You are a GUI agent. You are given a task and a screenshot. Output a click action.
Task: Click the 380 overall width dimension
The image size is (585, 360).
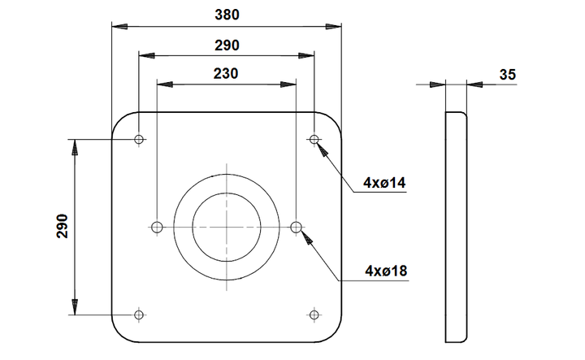[227, 15]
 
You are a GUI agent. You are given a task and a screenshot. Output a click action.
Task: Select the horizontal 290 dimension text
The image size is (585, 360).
[227, 46]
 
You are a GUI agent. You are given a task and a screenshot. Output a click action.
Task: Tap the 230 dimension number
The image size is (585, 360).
[226, 74]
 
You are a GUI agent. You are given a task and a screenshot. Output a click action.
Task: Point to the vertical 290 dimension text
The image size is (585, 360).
[63, 226]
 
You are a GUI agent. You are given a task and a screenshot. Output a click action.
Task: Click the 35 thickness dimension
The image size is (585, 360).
[507, 75]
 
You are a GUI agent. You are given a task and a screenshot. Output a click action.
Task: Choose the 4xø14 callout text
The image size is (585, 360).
[384, 183]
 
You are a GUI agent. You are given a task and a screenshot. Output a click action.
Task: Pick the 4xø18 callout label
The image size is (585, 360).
[386, 271]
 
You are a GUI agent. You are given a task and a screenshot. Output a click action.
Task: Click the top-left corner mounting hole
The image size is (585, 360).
[139, 140]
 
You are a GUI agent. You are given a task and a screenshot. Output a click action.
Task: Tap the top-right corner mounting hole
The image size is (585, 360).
[314, 140]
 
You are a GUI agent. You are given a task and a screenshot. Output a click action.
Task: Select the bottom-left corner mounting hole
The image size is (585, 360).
[139, 314]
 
